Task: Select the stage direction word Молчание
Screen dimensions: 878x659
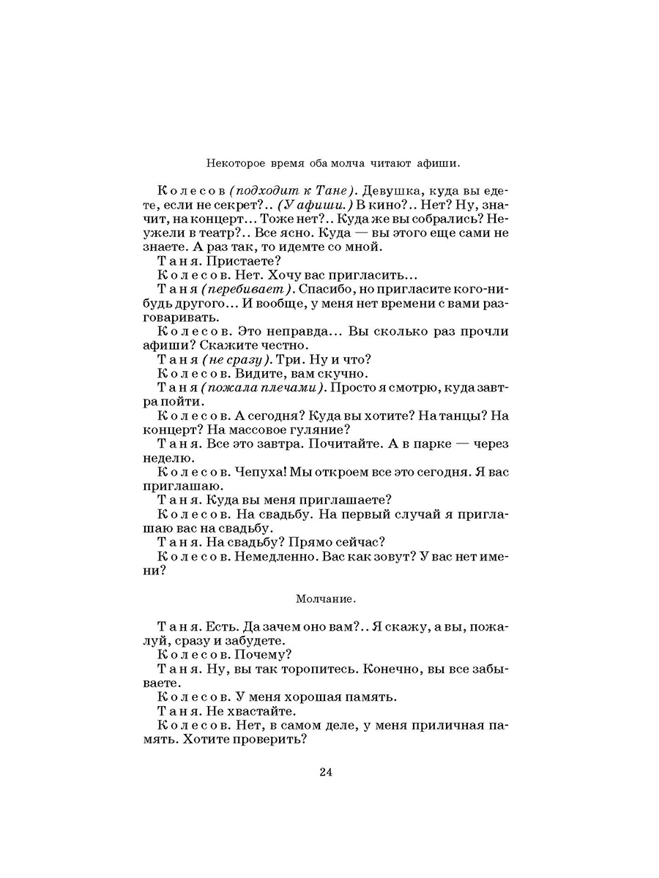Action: point(326,599)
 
